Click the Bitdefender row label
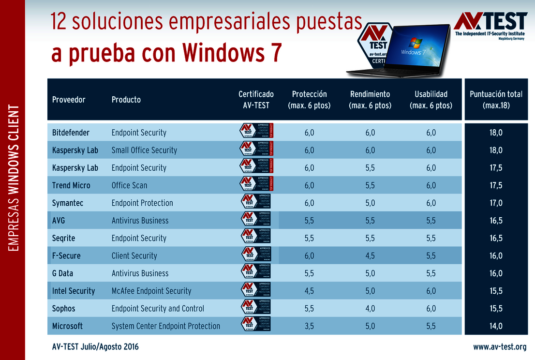[x=71, y=133]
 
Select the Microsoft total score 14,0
[x=496, y=326]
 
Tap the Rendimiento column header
[x=370, y=99]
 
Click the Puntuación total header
[x=496, y=99]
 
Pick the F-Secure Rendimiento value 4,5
[x=370, y=255]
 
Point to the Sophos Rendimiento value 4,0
[x=370, y=309]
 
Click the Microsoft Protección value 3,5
[x=309, y=326]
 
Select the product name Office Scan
[x=129, y=185]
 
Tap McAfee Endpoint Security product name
[x=151, y=291]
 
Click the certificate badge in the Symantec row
[x=256, y=203]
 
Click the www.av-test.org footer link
[x=500, y=347]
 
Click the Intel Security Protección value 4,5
[x=309, y=291]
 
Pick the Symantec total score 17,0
[x=496, y=203]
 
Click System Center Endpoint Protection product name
[x=166, y=326]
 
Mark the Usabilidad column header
[x=431, y=99]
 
